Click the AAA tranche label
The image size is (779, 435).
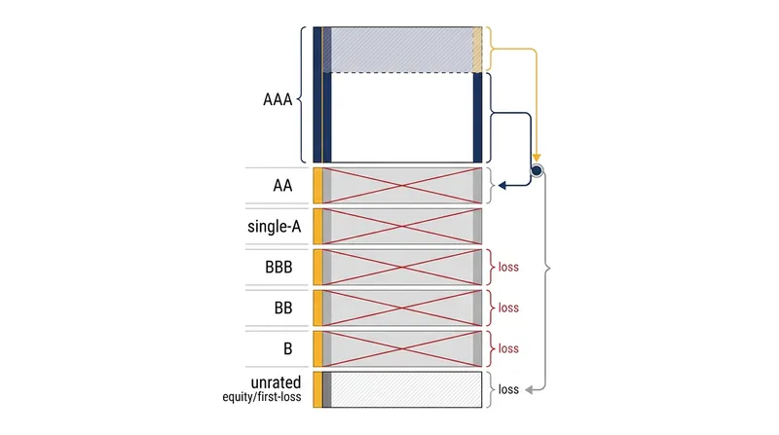[x=278, y=99]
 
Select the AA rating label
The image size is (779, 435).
[x=282, y=186]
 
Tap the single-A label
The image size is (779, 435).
[x=275, y=227]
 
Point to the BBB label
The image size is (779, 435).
[x=278, y=268]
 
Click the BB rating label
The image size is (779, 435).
[x=283, y=308]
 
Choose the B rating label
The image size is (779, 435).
[x=287, y=348]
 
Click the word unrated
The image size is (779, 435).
[x=276, y=382]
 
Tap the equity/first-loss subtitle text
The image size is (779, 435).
[x=262, y=397]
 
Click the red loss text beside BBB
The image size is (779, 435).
[x=508, y=268]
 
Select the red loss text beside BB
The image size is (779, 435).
[x=508, y=308]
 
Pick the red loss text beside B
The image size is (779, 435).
[x=508, y=348]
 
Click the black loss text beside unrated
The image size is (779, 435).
[x=508, y=389]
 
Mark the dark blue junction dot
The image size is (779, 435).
[x=537, y=171]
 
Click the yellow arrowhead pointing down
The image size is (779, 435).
[x=537, y=159]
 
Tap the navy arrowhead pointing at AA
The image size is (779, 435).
[x=501, y=186]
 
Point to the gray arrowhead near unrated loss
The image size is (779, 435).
[x=529, y=390]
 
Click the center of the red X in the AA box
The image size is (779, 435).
[x=402, y=186]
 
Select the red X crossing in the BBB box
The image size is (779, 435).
[x=402, y=268]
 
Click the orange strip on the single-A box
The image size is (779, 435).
[x=317, y=227]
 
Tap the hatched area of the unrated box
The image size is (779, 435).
[x=406, y=390]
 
